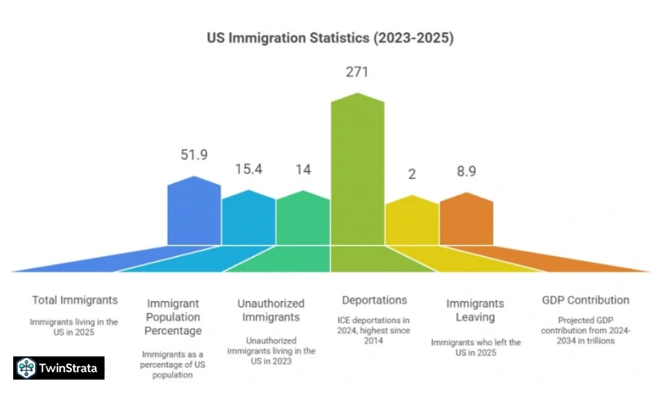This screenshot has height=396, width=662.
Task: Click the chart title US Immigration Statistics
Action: click(x=331, y=38)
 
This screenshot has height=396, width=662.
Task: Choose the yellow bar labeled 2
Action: click(x=412, y=222)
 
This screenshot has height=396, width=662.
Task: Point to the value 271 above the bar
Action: click(x=357, y=72)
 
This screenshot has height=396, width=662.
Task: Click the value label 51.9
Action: click(x=194, y=155)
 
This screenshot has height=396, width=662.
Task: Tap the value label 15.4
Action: click(x=249, y=169)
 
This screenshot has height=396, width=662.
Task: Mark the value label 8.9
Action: click(x=466, y=172)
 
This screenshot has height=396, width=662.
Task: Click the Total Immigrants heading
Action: click(x=75, y=300)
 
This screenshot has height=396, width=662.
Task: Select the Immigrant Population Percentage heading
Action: click(x=174, y=317)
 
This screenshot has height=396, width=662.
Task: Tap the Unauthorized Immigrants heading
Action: click(x=271, y=310)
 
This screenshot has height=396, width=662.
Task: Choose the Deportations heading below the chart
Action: click(x=375, y=300)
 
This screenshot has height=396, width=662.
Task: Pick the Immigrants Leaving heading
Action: click(x=475, y=310)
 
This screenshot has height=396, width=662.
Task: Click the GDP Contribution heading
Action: click(x=585, y=300)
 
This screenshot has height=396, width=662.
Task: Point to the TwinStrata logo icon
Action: click(x=26, y=368)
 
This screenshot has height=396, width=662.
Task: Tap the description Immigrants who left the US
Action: click(x=475, y=347)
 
